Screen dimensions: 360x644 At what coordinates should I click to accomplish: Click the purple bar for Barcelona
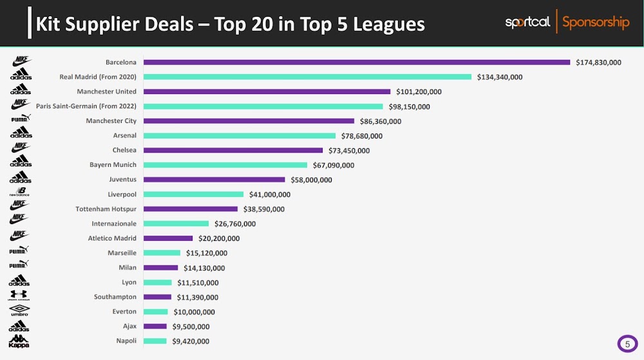356,62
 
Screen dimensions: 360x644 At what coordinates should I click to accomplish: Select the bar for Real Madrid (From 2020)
307,77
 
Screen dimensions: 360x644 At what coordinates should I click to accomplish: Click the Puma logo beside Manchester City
21,118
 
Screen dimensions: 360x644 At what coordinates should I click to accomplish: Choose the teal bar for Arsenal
239,136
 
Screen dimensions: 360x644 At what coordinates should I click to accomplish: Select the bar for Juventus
214,180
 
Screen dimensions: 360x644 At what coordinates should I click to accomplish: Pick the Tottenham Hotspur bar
190,209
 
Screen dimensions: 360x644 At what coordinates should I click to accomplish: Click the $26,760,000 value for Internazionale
235,224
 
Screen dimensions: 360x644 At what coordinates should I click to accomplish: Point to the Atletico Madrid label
112,238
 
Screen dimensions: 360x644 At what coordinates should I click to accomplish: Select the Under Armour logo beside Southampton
19,295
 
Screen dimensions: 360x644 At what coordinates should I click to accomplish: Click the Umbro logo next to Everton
20,310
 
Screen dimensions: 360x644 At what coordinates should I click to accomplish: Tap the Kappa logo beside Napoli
19,341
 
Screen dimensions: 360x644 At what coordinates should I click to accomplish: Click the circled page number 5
627,345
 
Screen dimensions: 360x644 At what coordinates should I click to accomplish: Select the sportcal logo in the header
527,23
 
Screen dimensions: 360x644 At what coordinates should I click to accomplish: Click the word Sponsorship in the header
596,23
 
